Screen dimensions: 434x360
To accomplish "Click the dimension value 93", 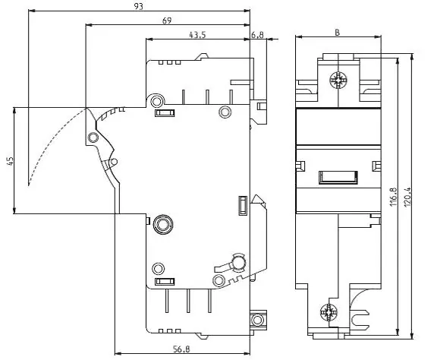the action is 138,6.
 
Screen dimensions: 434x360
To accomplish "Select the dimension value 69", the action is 167,21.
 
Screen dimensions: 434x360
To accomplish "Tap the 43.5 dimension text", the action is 197,35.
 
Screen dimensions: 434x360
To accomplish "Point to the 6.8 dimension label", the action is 257,35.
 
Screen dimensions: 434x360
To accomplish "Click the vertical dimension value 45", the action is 10,161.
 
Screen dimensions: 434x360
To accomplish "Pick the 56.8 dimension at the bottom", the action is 181,349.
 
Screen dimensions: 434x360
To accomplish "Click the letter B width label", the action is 337,33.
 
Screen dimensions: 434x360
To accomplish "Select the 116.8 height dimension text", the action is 393,197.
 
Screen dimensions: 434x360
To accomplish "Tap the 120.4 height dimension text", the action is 407,197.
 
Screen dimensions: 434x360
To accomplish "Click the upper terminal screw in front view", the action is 338,80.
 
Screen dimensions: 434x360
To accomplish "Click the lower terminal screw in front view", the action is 329,312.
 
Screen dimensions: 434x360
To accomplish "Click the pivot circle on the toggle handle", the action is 93,137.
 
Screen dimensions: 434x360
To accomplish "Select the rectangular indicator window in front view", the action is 338,177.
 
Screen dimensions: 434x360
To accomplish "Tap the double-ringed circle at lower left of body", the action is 163,224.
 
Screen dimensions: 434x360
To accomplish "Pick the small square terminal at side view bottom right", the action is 257,320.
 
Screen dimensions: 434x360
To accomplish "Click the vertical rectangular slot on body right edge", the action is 243,205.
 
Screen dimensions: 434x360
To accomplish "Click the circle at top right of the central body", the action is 225,112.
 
